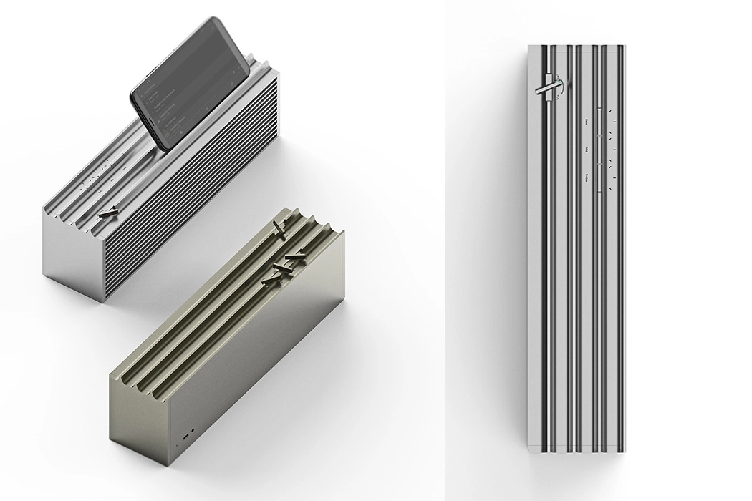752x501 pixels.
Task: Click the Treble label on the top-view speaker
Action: [587, 176]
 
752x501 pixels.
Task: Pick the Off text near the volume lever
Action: [558, 76]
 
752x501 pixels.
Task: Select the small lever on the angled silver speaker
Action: [110, 213]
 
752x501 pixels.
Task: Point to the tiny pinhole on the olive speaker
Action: [176, 444]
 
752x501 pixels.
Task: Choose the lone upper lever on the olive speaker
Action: [280, 229]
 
